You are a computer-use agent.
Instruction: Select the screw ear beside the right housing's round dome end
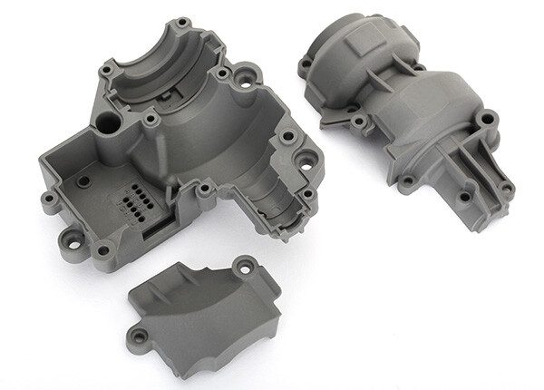[x=306, y=63]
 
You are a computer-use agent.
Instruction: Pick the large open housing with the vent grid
[x=181, y=154]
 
